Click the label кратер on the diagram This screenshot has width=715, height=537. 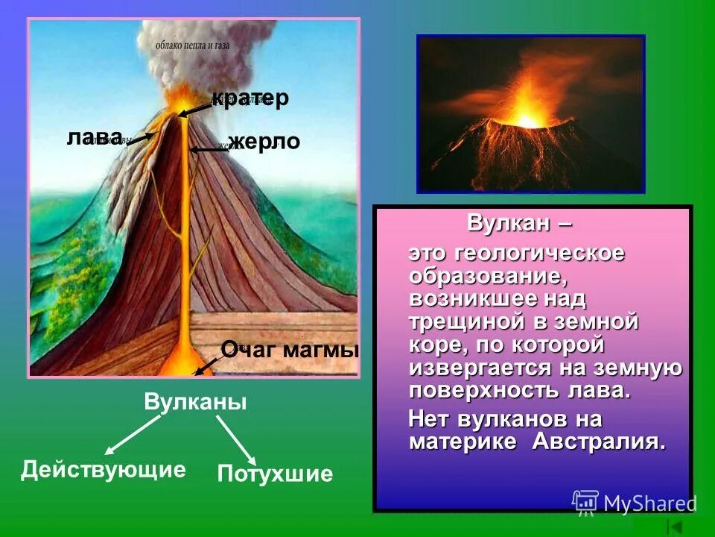250,99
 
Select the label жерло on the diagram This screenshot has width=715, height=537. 264,142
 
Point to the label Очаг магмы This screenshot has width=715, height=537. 290,349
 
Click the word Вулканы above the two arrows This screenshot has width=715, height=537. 195,402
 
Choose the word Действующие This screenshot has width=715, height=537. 103,469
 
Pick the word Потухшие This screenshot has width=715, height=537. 275,474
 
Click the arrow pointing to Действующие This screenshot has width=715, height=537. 133,435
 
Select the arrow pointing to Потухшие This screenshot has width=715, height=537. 237,439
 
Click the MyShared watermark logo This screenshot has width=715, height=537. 633,503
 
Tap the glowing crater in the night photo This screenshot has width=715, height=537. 527,119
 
